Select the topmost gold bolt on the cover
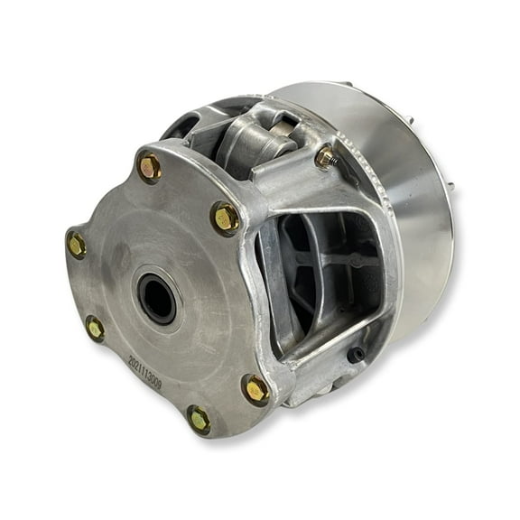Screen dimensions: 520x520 click(x=149, y=166)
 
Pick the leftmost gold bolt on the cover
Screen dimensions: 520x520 click(x=77, y=244)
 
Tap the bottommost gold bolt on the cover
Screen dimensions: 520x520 click(x=199, y=419)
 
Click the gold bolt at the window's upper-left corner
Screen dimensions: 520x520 click(x=225, y=217)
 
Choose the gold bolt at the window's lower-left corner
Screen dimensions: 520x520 click(x=255, y=389)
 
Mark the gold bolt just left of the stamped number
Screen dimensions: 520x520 click(x=95, y=329)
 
